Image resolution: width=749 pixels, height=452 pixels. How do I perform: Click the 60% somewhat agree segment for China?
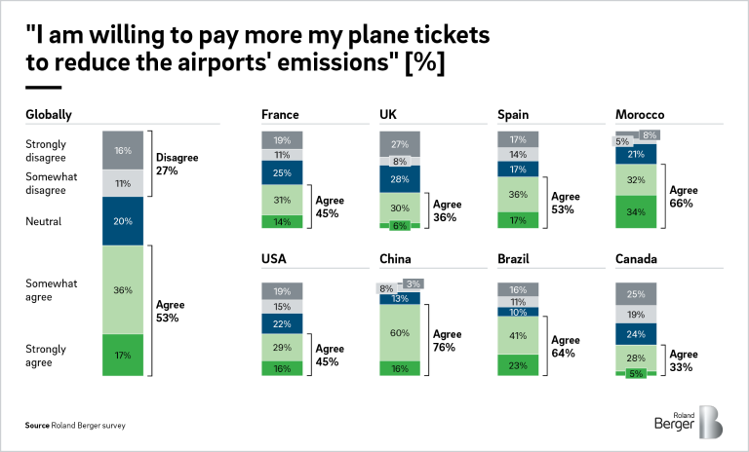pos(399,332)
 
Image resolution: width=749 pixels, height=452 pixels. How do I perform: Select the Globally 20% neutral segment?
pos(123,221)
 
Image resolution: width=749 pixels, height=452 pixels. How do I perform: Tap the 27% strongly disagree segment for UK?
pos(399,143)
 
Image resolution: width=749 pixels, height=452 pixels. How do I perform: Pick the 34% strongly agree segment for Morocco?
pos(636,211)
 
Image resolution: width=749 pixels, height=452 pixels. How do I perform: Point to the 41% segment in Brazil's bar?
pos(518,336)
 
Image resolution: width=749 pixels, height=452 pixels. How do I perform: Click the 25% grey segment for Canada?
pos(636,294)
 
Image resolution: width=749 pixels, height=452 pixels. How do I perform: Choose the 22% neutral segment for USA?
pos(282,324)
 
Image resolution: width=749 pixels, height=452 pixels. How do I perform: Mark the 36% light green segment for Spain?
pos(518,193)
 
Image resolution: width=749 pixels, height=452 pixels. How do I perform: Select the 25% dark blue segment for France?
pos(282,172)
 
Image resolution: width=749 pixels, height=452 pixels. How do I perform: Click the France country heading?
pos(280,115)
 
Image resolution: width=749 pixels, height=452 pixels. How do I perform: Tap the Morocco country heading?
pos(640,115)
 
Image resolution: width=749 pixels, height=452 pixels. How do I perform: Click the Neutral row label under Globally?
pos(44,221)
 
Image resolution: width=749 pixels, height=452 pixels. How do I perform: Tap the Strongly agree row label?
pos(46,354)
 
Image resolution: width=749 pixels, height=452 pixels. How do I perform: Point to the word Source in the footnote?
pos(37,426)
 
